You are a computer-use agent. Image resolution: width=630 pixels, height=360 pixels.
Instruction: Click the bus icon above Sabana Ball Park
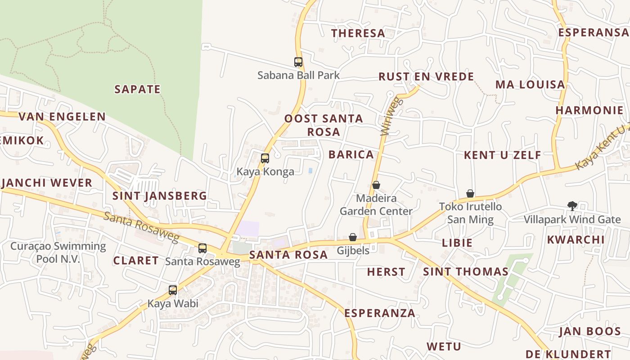click(298, 62)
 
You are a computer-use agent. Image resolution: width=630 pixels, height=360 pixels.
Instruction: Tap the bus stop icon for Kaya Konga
click(265, 158)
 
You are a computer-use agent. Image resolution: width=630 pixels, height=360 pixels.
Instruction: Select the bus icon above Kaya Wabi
click(173, 290)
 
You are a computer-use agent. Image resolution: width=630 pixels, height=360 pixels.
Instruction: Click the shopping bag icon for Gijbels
click(353, 237)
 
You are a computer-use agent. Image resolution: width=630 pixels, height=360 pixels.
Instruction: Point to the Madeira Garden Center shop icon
click(376, 185)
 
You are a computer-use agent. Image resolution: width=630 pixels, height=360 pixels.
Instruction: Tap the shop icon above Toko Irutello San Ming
click(470, 193)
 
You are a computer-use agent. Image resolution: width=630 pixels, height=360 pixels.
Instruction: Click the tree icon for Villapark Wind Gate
click(572, 206)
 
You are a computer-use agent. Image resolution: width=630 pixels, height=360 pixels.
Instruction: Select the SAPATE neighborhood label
click(137, 89)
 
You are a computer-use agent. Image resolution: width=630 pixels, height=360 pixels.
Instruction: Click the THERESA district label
click(358, 33)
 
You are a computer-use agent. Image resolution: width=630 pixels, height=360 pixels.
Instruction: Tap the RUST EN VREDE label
click(426, 76)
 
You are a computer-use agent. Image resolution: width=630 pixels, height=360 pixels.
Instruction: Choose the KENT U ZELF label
click(502, 155)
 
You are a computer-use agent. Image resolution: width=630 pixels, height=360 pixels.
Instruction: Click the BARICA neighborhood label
click(351, 155)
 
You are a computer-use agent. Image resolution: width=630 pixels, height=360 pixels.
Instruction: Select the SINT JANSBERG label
click(160, 196)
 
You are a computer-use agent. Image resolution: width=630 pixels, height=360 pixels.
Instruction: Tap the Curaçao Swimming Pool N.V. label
click(58, 252)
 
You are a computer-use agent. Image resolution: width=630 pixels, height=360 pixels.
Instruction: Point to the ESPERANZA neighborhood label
click(380, 313)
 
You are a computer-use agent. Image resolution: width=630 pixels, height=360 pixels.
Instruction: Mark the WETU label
click(444, 346)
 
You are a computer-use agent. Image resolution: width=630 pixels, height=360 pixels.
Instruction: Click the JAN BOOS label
click(590, 332)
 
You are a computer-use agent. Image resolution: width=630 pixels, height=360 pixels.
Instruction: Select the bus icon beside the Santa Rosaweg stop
click(202, 248)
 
